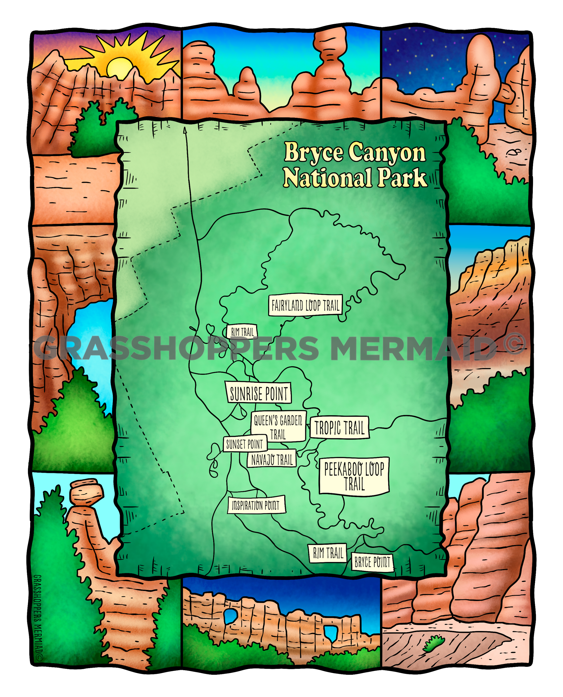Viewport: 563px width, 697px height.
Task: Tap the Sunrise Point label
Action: (258, 393)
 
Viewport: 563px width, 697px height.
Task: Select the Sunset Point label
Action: (245, 444)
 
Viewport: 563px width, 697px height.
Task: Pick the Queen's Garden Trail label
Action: (278, 427)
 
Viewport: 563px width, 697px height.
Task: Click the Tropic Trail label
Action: (340, 427)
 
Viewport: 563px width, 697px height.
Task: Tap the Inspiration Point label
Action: (256, 505)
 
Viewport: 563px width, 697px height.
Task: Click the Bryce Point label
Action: (372, 562)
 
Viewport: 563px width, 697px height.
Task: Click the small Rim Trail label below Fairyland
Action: (242, 332)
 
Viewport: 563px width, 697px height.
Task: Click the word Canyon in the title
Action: (387, 152)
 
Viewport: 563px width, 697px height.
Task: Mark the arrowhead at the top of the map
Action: (185, 130)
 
